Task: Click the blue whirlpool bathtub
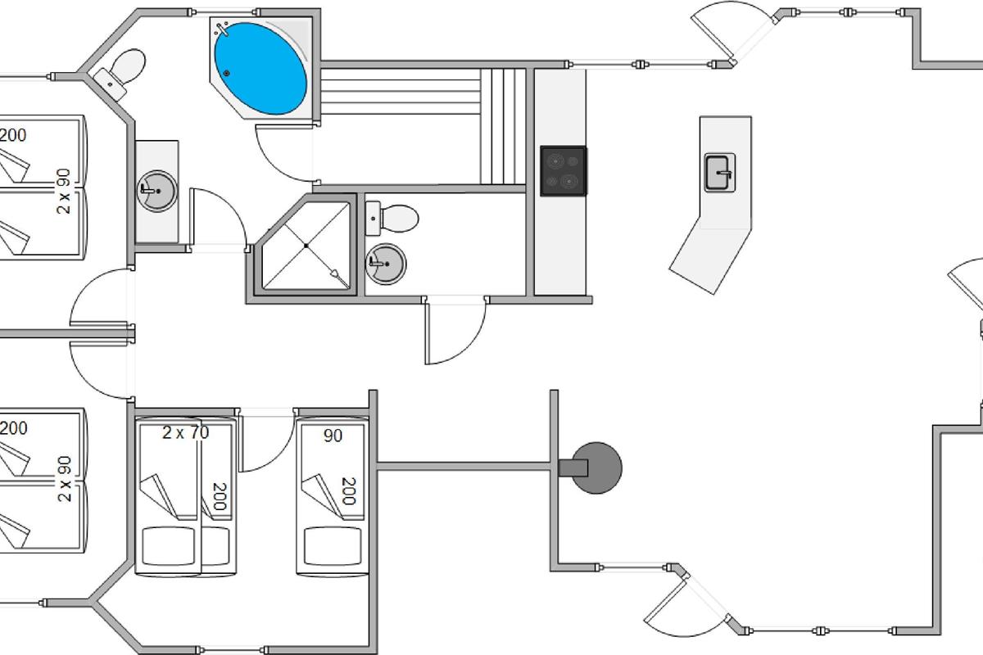coord(260,69)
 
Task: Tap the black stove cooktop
coord(564,171)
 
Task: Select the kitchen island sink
coord(720,173)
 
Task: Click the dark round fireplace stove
coord(596,468)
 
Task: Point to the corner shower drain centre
coord(306,246)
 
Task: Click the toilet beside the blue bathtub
coord(120,73)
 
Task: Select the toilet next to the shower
coord(392,218)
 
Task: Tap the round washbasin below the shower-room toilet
coord(386,264)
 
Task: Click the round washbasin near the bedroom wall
coord(156,192)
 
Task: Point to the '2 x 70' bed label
coord(186,432)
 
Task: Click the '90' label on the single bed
coord(333,436)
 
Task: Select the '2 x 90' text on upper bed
coord(64,192)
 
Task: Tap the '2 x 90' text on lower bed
coord(64,479)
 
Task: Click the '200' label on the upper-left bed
coord(13,135)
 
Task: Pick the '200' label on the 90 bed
coord(349,491)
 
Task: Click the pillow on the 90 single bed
coord(333,546)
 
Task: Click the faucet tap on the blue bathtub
coord(222,29)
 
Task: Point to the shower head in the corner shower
coord(337,274)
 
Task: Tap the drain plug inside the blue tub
coord(226,73)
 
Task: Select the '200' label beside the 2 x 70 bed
coord(220,497)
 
